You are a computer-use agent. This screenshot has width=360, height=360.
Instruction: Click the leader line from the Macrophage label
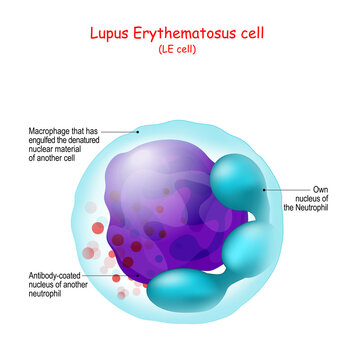(x=122, y=131)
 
